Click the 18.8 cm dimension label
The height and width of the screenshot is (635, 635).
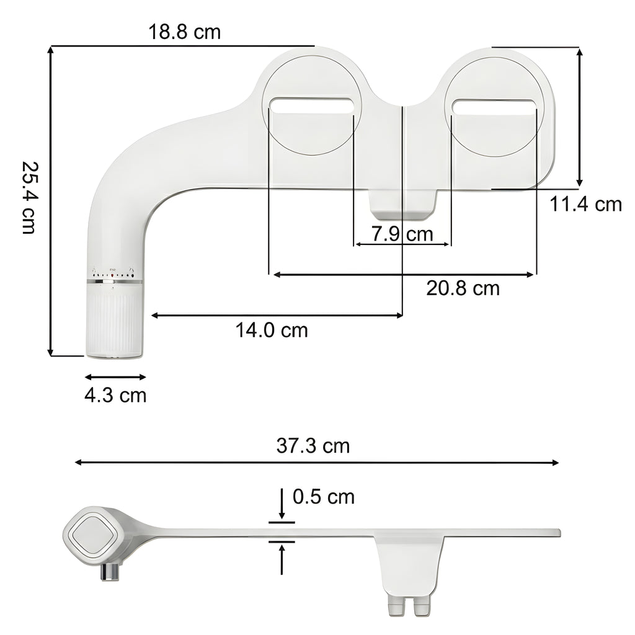click(184, 32)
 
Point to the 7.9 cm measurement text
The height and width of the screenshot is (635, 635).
click(402, 234)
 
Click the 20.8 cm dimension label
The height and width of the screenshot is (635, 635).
click(463, 288)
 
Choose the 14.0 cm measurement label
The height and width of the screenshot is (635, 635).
click(271, 330)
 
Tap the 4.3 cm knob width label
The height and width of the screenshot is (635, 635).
click(115, 394)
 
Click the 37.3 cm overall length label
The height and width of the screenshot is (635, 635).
click(313, 445)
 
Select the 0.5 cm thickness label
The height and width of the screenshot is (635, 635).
click(324, 496)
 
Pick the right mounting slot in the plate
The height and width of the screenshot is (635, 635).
click(494, 106)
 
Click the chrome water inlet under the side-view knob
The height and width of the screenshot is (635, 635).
click(111, 572)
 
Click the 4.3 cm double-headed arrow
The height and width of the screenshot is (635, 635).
click(115, 376)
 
